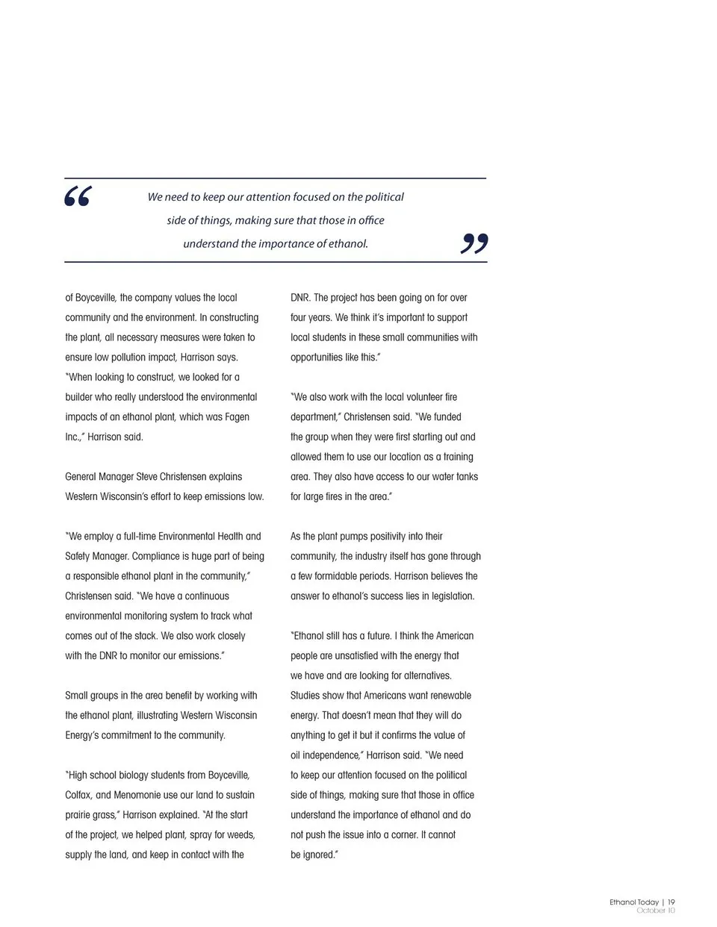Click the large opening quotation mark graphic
pyautogui.click(x=78, y=196)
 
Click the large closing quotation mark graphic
pyautogui.click(x=474, y=243)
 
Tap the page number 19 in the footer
pyautogui.click(x=671, y=902)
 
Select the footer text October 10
pyautogui.click(x=656, y=911)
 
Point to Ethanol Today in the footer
pyautogui.click(x=634, y=902)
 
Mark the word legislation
pyautogui.click(x=446, y=596)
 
